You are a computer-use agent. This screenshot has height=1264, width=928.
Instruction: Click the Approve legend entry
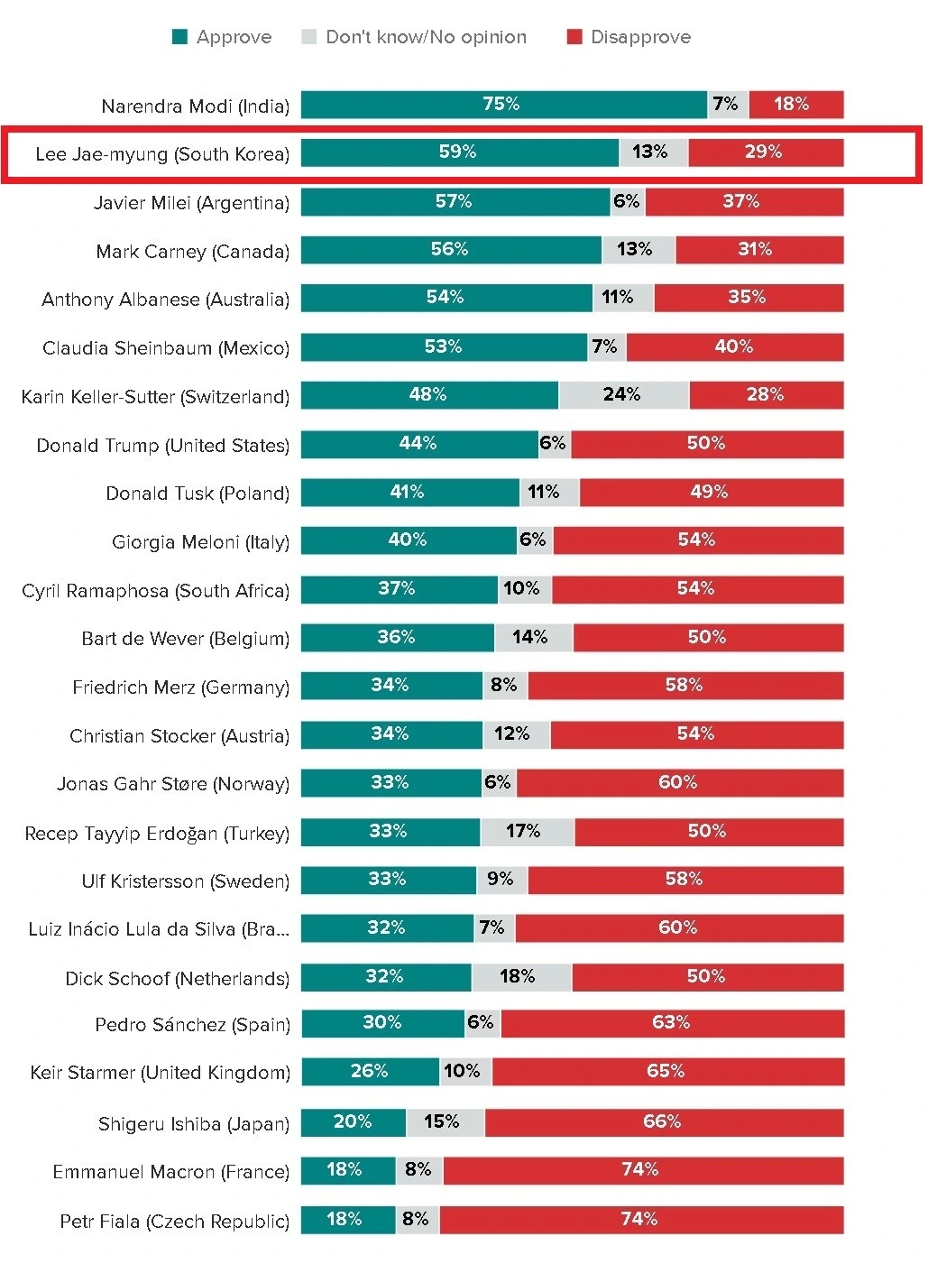222,37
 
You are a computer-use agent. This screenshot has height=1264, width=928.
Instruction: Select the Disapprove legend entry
629,37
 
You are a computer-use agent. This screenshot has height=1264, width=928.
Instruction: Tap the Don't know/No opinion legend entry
414,37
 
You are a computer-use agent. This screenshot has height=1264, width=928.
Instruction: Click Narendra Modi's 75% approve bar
503,105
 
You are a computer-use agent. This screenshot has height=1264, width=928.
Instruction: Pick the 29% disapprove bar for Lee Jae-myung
765,152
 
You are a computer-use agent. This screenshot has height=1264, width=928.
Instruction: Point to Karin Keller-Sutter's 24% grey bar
623,395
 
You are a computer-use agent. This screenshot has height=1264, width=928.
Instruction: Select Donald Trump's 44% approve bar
419,444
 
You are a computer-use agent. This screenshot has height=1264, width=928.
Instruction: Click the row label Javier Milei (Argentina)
191,203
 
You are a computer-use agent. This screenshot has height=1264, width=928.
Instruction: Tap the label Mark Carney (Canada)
192,252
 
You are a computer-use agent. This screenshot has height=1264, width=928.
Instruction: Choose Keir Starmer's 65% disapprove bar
667,1072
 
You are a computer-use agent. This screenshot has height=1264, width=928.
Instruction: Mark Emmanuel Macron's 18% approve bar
348,1170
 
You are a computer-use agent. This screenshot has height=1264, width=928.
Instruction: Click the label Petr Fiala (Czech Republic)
174,1222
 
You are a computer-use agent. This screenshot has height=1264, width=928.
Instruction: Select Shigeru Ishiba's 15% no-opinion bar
446,1122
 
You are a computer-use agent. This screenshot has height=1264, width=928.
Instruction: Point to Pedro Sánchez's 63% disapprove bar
672,1023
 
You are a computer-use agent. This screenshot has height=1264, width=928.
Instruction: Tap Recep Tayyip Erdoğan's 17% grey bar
527,832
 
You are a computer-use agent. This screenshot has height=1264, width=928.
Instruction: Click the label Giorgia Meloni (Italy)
200,542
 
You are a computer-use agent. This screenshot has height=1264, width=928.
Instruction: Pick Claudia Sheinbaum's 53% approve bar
444,347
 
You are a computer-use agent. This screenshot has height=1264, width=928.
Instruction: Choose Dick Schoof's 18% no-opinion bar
521,977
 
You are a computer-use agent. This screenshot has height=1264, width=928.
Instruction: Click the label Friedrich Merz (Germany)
180,687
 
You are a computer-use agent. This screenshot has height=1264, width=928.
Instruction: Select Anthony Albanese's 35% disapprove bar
749,298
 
